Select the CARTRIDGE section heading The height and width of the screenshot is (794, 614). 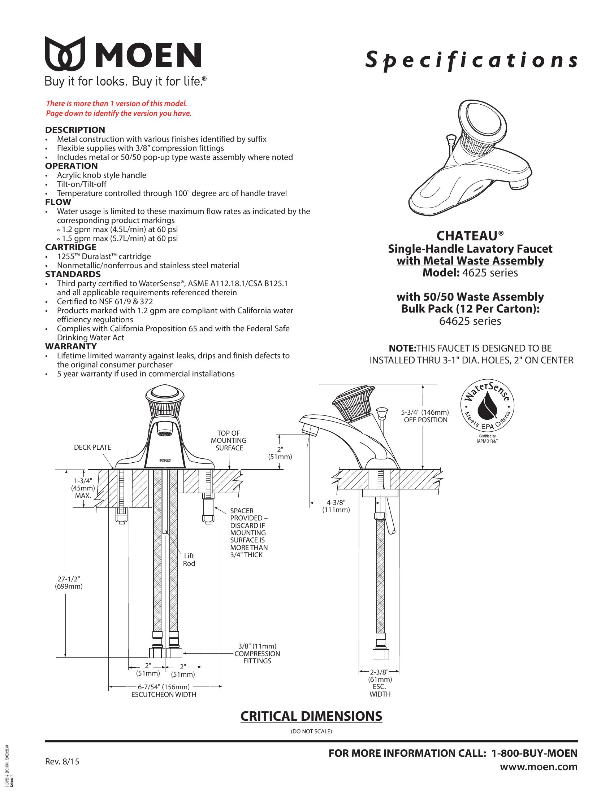70,247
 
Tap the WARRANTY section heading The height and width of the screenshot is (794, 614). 71,346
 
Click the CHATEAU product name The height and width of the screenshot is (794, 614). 470,236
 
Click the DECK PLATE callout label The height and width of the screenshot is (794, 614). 92,448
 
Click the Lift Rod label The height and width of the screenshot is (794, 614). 189,560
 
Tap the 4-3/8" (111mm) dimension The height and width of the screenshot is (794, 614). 336,506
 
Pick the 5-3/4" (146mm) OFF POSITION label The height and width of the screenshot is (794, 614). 425,416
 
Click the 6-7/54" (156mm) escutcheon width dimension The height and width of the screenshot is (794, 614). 163,687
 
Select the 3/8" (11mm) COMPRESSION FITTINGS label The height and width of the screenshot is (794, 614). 257,654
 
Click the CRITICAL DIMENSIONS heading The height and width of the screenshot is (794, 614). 311,716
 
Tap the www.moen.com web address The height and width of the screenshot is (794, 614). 539,767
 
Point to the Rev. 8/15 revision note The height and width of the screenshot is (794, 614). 62,762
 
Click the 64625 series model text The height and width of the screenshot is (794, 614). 470,321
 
